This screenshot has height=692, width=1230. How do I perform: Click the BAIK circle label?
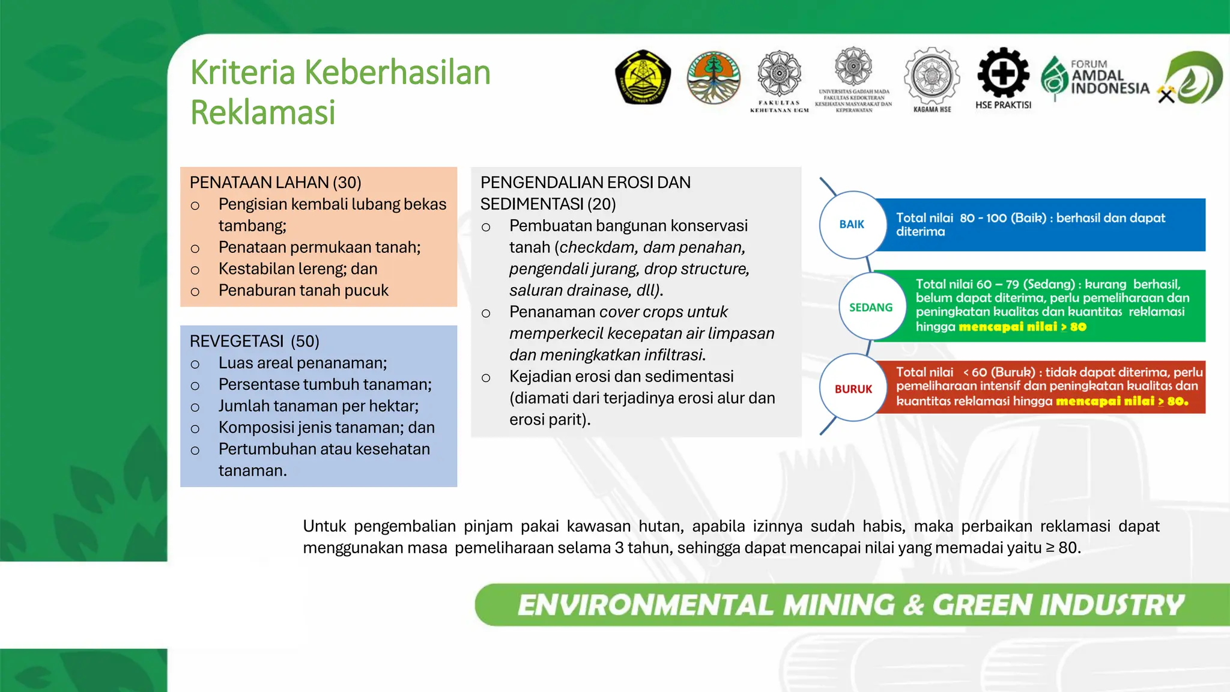[x=852, y=225]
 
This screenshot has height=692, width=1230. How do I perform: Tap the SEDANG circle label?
[x=871, y=308]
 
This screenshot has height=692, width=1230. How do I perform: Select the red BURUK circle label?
[x=853, y=389]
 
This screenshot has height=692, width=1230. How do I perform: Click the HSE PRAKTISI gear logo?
[x=1003, y=74]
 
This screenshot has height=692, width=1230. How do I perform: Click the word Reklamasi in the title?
[x=262, y=112]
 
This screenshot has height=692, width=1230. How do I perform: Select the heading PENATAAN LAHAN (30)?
[x=275, y=183]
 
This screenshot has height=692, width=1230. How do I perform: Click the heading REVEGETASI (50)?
[x=254, y=341]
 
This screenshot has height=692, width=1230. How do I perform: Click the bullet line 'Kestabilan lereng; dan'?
[x=298, y=269]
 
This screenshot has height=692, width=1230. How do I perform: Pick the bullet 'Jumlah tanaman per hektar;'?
[x=318, y=406]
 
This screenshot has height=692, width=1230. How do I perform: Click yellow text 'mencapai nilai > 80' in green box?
[x=1022, y=327]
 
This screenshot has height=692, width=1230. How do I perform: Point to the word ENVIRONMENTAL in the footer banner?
[x=646, y=605]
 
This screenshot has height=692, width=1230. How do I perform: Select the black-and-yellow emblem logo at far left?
[x=643, y=77]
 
